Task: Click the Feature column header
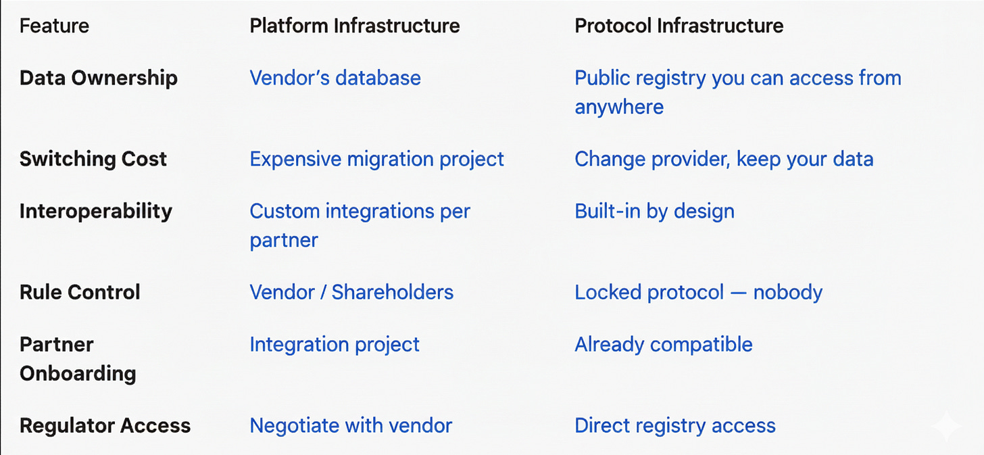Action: click(54, 26)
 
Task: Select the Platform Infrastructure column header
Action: click(355, 26)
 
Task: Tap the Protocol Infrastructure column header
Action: click(679, 26)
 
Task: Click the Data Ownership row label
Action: click(99, 78)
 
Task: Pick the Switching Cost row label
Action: click(93, 159)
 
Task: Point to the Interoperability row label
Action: click(96, 211)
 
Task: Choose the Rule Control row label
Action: click(80, 292)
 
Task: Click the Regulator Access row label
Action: click(105, 426)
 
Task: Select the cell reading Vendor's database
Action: click(335, 78)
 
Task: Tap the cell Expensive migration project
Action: click(376, 159)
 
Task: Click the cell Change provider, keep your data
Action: click(724, 159)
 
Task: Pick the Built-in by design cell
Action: click(654, 211)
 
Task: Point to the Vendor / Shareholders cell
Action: click(351, 292)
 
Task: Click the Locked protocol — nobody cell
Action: click(698, 292)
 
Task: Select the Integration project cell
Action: click(335, 344)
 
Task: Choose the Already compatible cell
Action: click(663, 344)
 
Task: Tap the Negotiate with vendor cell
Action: click(351, 426)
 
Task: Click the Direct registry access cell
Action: click(674, 426)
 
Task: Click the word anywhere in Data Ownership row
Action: click(619, 107)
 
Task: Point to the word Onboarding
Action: click(78, 373)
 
